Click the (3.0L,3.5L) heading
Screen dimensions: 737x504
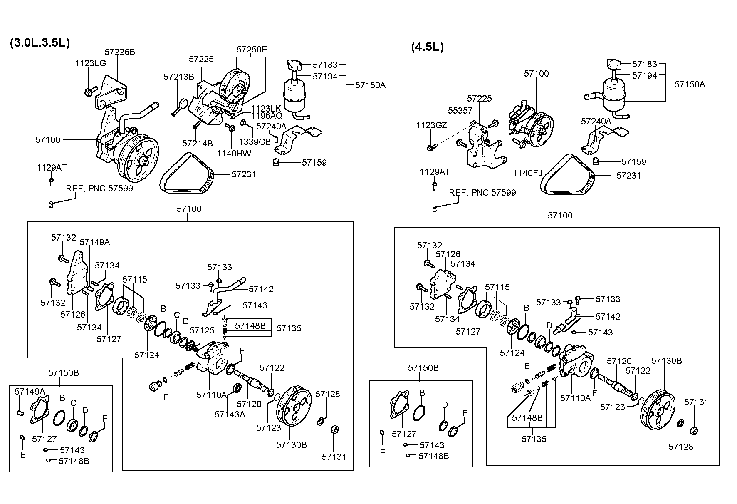[x=40, y=43]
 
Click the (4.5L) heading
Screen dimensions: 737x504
[x=427, y=47]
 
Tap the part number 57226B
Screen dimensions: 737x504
[x=120, y=52]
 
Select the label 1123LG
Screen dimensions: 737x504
[x=90, y=63]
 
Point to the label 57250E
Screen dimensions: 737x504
[x=252, y=50]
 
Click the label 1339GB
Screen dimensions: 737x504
[x=255, y=142]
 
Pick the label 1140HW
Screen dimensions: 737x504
[x=234, y=154]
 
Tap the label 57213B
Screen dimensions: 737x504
[x=179, y=77]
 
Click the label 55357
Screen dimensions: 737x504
[x=460, y=110]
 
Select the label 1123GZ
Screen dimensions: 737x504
[x=431, y=125]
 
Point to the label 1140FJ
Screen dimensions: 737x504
[x=528, y=173]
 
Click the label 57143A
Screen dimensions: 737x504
[x=230, y=414]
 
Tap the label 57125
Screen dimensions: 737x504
[x=202, y=330]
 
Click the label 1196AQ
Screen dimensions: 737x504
[x=266, y=115]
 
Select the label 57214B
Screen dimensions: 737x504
[x=198, y=144]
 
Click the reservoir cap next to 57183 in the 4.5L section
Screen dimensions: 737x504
[x=613, y=65]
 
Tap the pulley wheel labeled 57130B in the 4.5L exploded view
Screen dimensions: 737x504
[x=656, y=411]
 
